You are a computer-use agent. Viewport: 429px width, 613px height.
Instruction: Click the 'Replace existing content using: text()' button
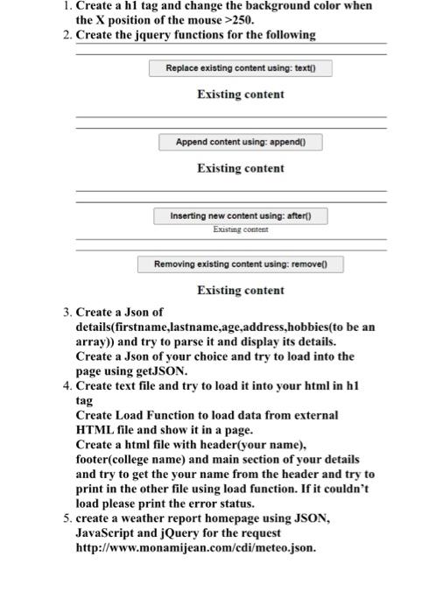pos(240,67)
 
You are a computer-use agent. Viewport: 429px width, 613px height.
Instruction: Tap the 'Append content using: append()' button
pos(240,142)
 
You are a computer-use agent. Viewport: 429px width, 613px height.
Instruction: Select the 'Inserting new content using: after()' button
pos(240,215)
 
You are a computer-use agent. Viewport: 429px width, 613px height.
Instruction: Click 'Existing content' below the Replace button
pos(240,94)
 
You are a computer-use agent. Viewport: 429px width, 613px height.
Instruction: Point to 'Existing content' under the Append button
pos(240,168)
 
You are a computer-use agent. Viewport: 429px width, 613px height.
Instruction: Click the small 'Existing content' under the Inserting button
pos(240,229)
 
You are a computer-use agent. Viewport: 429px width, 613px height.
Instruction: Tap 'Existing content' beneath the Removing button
pos(240,290)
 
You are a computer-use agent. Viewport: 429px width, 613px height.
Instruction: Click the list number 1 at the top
pos(67,6)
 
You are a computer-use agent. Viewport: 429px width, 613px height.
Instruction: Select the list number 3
pos(67,312)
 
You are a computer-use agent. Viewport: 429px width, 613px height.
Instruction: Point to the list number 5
pos(67,518)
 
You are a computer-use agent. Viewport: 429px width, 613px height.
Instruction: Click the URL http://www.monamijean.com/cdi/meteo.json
pos(197,548)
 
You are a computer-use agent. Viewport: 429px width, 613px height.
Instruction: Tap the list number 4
pos(67,385)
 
